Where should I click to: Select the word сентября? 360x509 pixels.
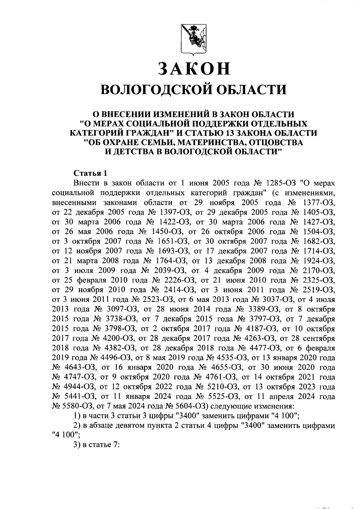tap(318, 339)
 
